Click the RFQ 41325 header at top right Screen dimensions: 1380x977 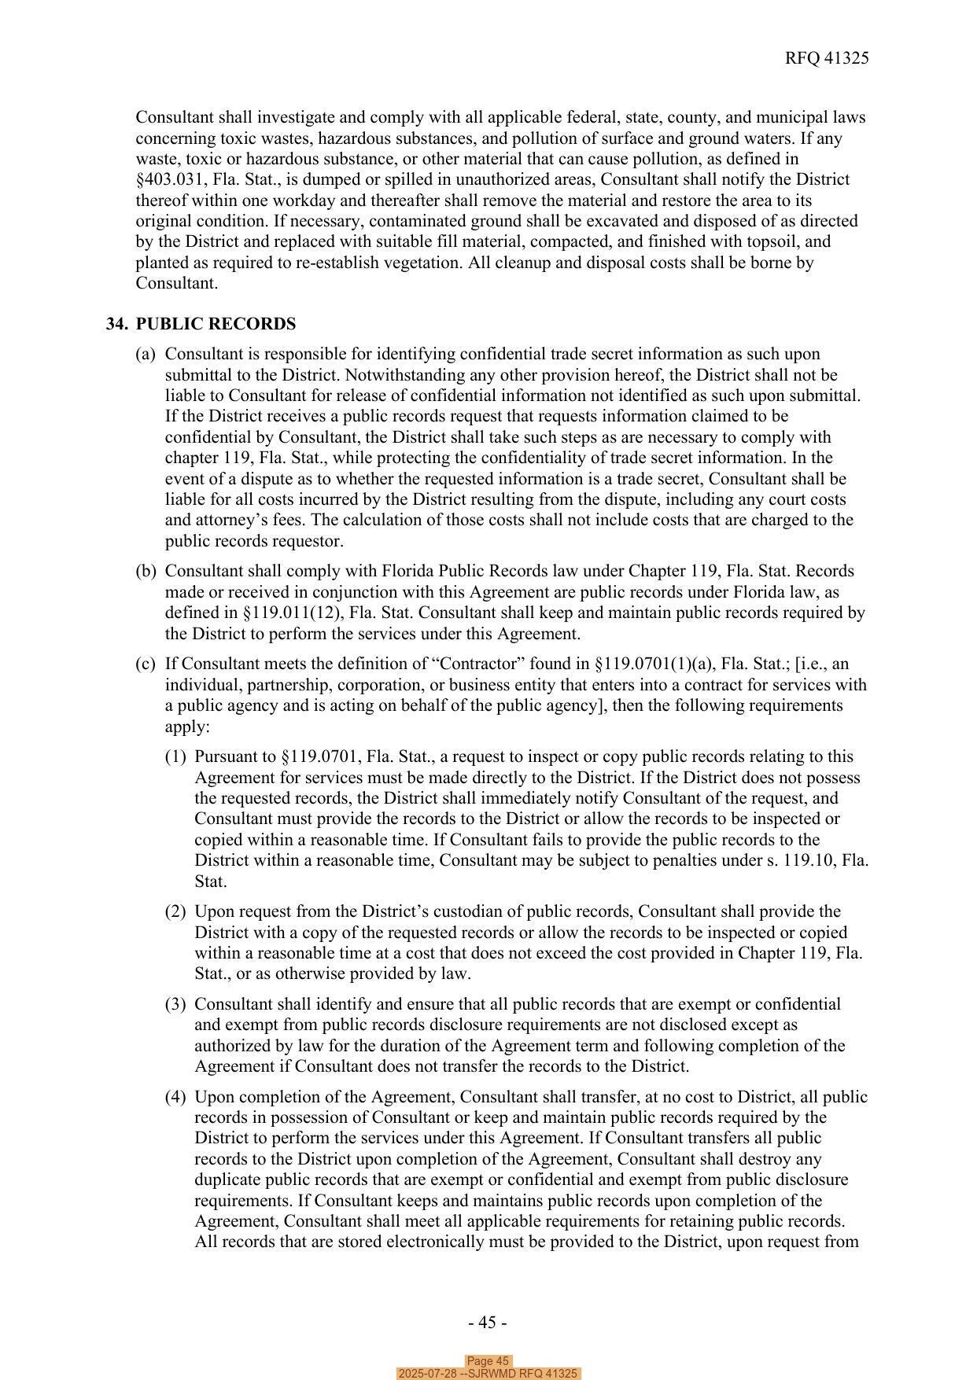click(826, 58)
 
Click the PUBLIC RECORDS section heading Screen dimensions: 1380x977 click(216, 324)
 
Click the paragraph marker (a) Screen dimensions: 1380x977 click(146, 354)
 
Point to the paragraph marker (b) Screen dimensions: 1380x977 click(146, 571)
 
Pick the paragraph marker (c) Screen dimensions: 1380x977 click(146, 664)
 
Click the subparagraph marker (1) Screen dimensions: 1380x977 click(175, 756)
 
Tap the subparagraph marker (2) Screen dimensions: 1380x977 click(175, 911)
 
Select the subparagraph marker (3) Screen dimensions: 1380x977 click(175, 1004)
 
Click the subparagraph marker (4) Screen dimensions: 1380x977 click(175, 1097)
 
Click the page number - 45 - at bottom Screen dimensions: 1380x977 click(487, 1323)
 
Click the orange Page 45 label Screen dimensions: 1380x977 click(488, 1361)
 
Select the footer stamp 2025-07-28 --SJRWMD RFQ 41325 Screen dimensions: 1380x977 click(488, 1374)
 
